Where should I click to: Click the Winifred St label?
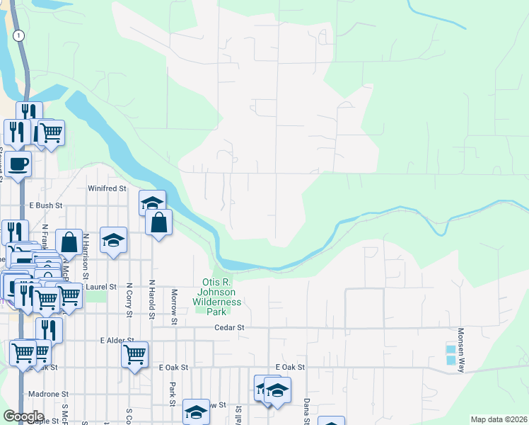tap(107, 189)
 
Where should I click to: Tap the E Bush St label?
tap(46, 205)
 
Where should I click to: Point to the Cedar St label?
tap(230, 328)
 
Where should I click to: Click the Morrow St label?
tap(173, 307)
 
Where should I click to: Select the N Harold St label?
tap(151, 300)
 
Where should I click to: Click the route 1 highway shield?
tap(19, 35)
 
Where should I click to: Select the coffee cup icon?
tap(19, 164)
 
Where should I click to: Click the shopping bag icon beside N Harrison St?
tap(70, 242)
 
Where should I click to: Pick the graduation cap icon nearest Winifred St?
tap(152, 203)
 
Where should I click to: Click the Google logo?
tap(23, 416)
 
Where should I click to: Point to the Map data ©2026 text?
tap(498, 419)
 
